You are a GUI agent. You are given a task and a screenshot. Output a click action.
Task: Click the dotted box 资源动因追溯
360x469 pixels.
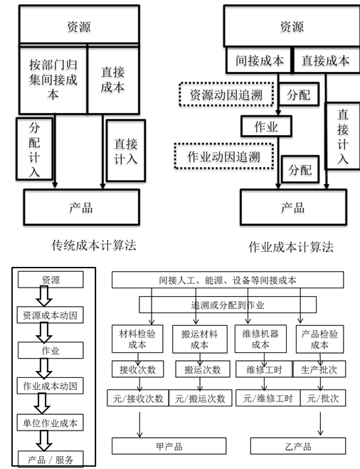pos(226,94)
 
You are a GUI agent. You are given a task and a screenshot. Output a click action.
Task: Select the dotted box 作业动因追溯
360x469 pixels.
pos(224,156)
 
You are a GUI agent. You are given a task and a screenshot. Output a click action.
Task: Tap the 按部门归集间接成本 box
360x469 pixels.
pos(53,80)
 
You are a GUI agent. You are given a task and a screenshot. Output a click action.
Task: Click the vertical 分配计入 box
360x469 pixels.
pos(34,149)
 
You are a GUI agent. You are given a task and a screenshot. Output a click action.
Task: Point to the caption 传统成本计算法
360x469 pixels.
pos(94,246)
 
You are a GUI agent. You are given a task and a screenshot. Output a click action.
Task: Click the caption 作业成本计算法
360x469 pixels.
pos(291,247)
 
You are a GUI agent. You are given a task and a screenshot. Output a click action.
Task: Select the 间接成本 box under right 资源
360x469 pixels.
pos(259,60)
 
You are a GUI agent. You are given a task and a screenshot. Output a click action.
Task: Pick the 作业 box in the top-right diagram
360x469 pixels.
pos(266,127)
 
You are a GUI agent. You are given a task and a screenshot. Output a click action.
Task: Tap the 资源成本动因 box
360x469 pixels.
pos(51,315)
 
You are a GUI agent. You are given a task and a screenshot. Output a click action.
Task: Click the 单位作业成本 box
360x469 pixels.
pos(51,423)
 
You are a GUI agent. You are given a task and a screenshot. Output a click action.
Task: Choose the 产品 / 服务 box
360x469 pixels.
pos(51,459)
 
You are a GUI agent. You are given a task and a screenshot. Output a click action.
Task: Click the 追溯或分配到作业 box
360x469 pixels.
pos(228,305)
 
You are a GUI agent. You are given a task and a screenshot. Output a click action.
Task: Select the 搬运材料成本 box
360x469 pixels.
pos(200,339)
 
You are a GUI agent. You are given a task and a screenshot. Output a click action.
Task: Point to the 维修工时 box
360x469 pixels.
pos(265,369)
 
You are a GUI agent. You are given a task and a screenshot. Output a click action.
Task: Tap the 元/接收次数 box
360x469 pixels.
pos(138,398)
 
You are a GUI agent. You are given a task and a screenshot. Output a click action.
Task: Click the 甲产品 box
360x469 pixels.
pos(169,446)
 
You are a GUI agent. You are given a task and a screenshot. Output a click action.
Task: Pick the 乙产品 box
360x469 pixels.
pos(298,446)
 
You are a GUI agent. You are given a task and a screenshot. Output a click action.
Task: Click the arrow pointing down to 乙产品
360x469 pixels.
pos(320,423)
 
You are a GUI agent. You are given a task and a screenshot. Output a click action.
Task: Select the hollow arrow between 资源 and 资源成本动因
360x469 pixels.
pos(44,296)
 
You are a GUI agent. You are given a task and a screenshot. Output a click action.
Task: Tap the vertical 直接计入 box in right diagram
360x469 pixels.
pos(343,136)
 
